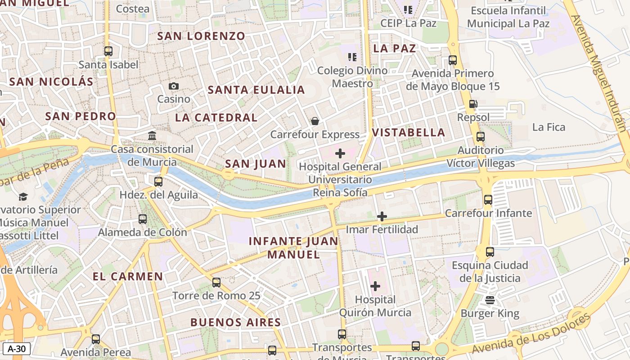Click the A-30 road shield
pyautogui.click(x=17, y=348)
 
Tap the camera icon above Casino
pyautogui.click(x=174, y=86)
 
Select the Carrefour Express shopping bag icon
pyautogui.click(x=315, y=121)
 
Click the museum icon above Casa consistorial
pyautogui.click(x=152, y=135)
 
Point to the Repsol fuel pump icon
pyautogui.click(x=473, y=104)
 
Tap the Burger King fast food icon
pyautogui.click(x=490, y=300)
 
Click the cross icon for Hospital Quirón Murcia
pyautogui.click(x=375, y=286)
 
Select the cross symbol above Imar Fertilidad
pyautogui.click(x=382, y=216)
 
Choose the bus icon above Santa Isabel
pyautogui.click(x=108, y=51)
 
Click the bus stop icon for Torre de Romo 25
pyautogui.click(x=216, y=283)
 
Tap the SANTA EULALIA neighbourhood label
pyautogui.click(x=256, y=90)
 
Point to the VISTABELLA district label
pyautogui.click(x=409, y=132)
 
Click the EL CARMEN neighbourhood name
pyautogui.click(x=128, y=276)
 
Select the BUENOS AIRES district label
pyautogui.click(x=235, y=322)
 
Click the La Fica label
pyautogui.click(x=549, y=127)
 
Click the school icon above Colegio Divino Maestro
pyautogui.click(x=352, y=57)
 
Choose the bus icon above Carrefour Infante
pyautogui.click(x=488, y=200)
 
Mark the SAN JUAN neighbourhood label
pyautogui.click(x=255, y=164)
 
